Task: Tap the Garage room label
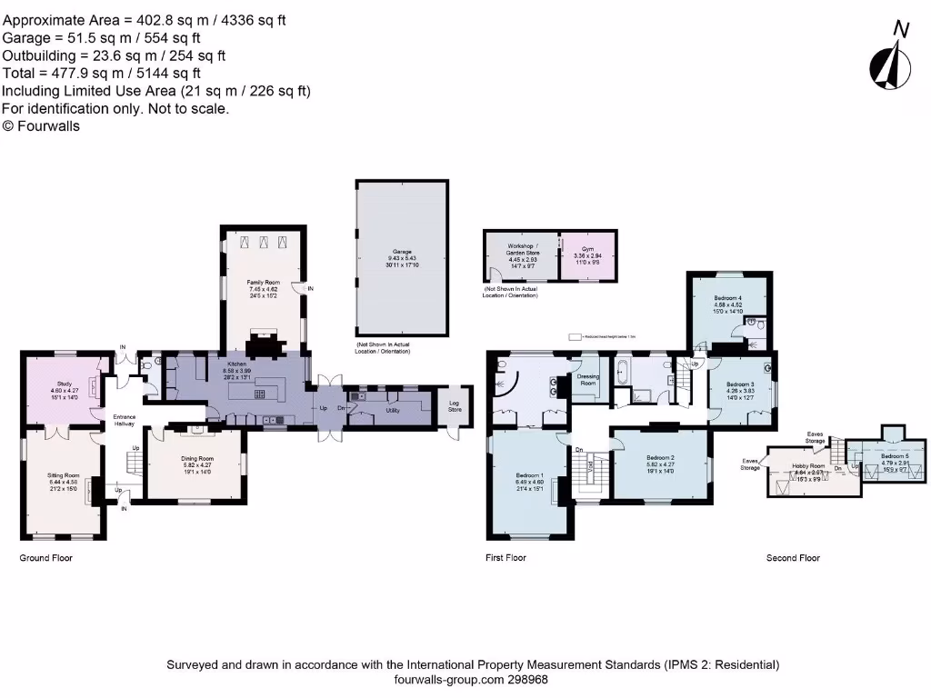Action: [x=402, y=251]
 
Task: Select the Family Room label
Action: [x=263, y=283]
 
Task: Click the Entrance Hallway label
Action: [x=124, y=421]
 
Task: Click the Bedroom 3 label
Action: [x=740, y=384]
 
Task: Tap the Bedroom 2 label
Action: [x=659, y=457]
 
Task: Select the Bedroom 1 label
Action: [x=529, y=475]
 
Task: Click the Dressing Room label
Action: [x=588, y=380]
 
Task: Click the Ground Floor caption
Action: [x=45, y=558]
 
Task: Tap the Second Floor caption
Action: [x=793, y=558]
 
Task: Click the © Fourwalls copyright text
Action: [x=41, y=126]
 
